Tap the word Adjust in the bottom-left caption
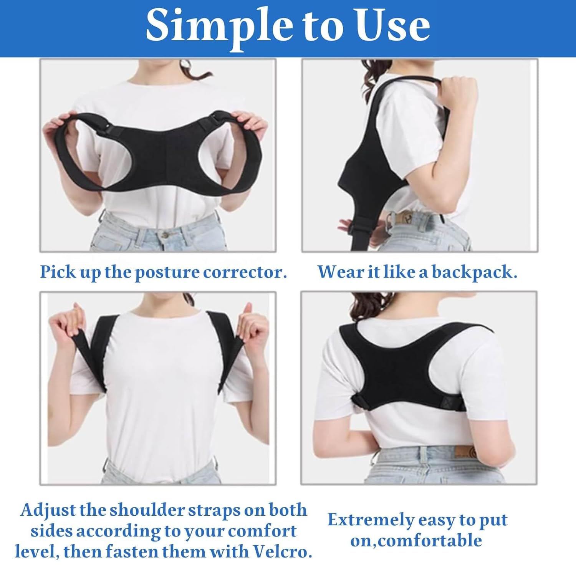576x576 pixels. [48, 510]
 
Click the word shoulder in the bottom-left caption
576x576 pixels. [147, 510]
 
